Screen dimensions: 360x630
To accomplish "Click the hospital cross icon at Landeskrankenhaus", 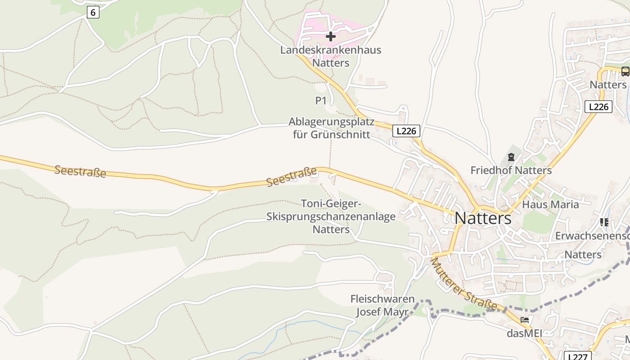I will (x=331, y=36).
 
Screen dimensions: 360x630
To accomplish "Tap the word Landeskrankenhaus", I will (x=331, y=50).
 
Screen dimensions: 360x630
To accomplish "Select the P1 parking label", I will (x=321, y=101).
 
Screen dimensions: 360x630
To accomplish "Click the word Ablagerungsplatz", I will (x=332, y=122).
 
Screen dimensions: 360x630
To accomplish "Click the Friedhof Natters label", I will (x=511, y=171).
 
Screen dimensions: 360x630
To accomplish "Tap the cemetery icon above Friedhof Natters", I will (x=511, y=157).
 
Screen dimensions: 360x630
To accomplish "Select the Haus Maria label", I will (x=550, y=205).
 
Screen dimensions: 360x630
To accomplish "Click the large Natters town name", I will (x=483, y=218).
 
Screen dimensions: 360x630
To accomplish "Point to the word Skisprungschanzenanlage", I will (x=331, y=217).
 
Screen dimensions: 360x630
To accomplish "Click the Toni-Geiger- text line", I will (x=332, y=204).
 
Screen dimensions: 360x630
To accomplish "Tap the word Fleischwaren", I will (x=382, y=299).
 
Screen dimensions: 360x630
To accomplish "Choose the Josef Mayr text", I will (x=382, y=312).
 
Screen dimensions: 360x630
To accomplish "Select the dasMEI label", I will (x=524, y=333).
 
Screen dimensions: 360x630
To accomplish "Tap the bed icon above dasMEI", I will (x=524, y=320).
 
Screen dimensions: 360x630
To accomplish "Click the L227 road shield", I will (x=576, y=356).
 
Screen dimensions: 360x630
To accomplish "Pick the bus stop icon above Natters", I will (x=625, y=72).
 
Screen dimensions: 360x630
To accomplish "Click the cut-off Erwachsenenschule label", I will (x=592, y=236).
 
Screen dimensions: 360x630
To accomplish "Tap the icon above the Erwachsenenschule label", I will (x=604, y=222).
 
